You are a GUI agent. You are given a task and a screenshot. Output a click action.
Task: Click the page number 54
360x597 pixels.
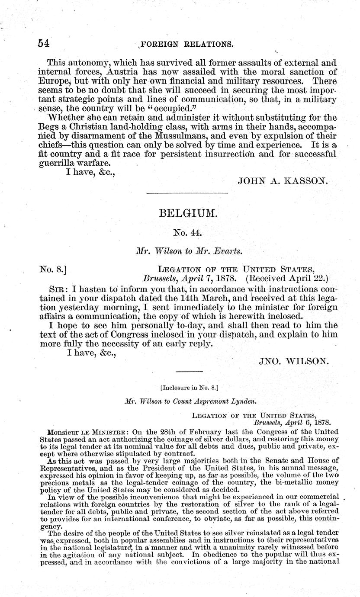[44, 43]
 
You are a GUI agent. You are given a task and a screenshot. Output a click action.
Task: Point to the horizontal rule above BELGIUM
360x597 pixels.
[187, 193]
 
